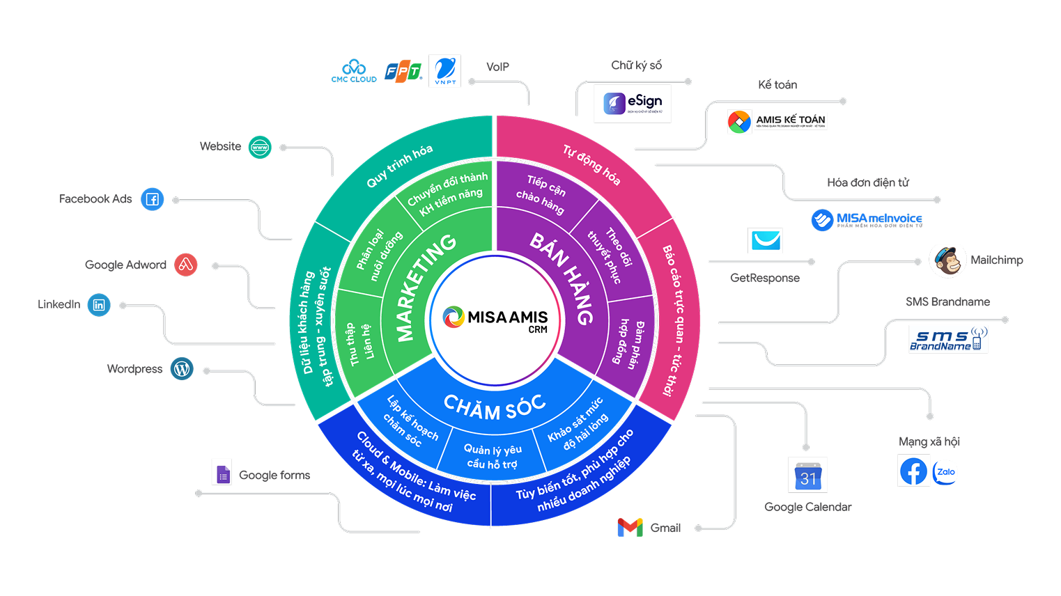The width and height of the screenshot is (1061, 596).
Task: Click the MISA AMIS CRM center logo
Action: tap(495, 320)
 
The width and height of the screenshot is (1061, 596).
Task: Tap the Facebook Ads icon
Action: tap(152, 199)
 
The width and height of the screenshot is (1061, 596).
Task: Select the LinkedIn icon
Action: tap(99, 305)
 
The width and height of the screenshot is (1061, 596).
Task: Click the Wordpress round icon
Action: tap(182, 369)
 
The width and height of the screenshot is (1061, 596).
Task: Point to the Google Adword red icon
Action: tap(185, 265)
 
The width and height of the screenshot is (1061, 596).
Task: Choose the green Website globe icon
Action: tap(260, 147)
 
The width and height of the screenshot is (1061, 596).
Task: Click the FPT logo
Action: tap(403, 72)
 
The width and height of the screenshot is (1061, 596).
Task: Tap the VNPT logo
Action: tap(444, 71)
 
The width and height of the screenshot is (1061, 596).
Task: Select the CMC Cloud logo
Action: tap(354, 71)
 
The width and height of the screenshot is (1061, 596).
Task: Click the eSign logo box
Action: tap(632, 104)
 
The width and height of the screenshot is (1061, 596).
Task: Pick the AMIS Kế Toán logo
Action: tap(777, 121)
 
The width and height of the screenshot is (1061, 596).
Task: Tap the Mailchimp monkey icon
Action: tap(947, 261)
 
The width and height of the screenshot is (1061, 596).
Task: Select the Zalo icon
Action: tap(945, 472)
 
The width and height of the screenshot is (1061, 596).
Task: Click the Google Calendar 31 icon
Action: tap(807, 475)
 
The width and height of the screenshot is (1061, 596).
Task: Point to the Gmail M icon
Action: tap(630, 528)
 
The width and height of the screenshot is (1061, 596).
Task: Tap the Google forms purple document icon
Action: tap(222, 472)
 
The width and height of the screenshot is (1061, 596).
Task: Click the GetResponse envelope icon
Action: tap(765, 241)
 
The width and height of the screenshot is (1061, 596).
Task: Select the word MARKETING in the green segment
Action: tap(425, 288)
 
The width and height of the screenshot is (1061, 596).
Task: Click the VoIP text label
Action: tap(497, 67)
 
